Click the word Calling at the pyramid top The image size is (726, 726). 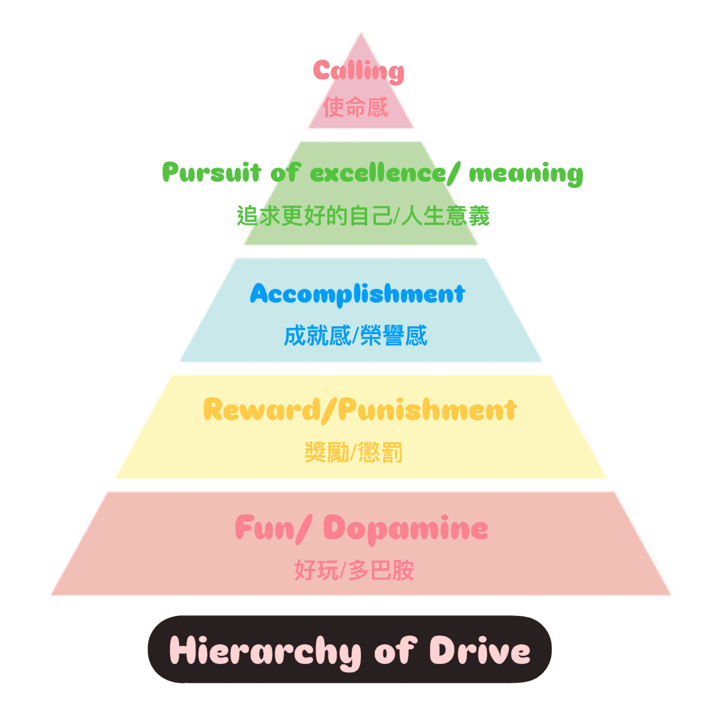point(358,71)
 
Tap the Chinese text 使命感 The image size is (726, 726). point(356,107)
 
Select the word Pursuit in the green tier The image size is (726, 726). point(211,173)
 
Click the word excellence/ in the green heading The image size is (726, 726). point(385,173)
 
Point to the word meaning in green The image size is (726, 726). point(526,174)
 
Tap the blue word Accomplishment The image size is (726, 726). point(357,294)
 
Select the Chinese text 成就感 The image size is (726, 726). point(317,335)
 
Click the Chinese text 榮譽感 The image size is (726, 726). point(394,335)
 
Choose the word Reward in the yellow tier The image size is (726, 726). point(262,410)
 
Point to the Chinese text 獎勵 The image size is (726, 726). point(327,452)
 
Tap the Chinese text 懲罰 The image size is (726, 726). point(380,452)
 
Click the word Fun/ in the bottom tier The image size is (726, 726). point(274,528)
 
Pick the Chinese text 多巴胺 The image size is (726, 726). point(381,570)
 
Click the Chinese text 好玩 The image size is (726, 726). point(316,570)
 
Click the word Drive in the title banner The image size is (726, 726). point(479,650)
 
